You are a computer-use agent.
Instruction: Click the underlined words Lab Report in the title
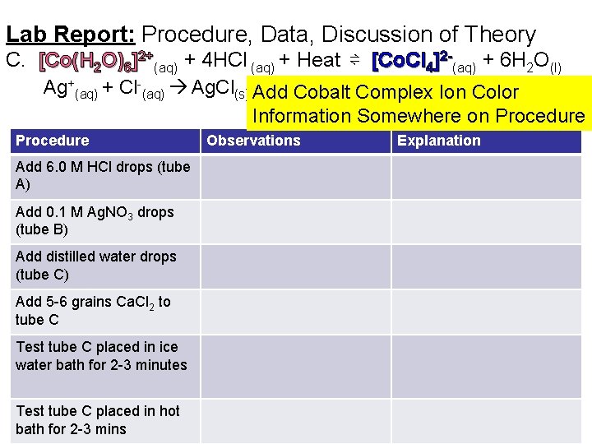point(70,35)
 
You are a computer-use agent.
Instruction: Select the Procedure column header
point(52,141)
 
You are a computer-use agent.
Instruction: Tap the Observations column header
point(253,141)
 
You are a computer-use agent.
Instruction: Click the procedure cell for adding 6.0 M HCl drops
point(102,176)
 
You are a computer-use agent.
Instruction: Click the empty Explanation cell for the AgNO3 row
point(485,220)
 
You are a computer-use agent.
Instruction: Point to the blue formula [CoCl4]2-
point(412,61)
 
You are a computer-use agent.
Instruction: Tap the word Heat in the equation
point(318,60)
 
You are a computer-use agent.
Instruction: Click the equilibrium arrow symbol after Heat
point(354,61)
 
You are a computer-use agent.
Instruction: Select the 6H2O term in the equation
point(530,62)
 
